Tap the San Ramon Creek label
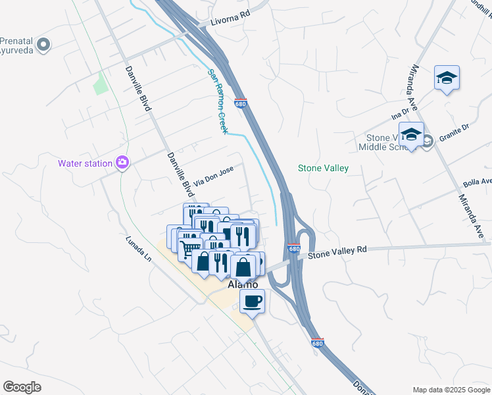[x=218, y=101]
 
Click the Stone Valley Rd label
[x=337, y=250]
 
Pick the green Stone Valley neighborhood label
[x=323, y=169]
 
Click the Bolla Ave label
[x=477, y=181]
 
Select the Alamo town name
[x=242, y=284]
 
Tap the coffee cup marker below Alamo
[x=253, y=302]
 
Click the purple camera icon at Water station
[x=122, y=163]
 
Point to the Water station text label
[x=85, y=163]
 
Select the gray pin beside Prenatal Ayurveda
[x=44, y=45]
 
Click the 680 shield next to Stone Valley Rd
[x=294, y=249]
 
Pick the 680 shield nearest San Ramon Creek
[x=240, y=103]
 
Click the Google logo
[x=22, y=387]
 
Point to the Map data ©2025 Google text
[x=451, y=390]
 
